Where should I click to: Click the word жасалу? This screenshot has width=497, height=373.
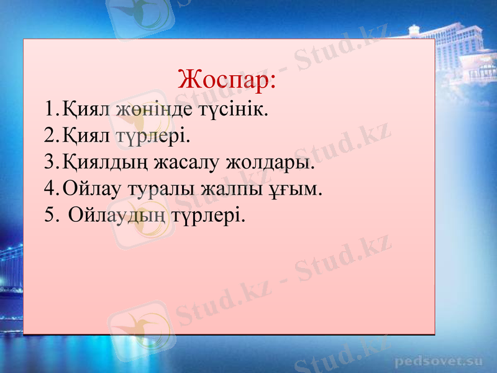tap(186, 165)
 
